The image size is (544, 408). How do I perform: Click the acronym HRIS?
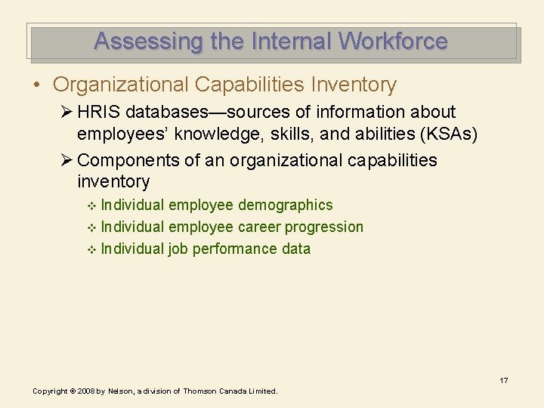pyautogui.click(x=100, y=113)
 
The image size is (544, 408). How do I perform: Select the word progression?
pyautogui.click(x=324, y=227)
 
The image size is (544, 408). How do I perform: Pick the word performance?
pyautogui.click(x=228, y=249)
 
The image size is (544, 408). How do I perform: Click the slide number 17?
pyautogui.click(x=503, y=380)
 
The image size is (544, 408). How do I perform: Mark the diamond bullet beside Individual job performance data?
pyautogui.click(x=92, y=249)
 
